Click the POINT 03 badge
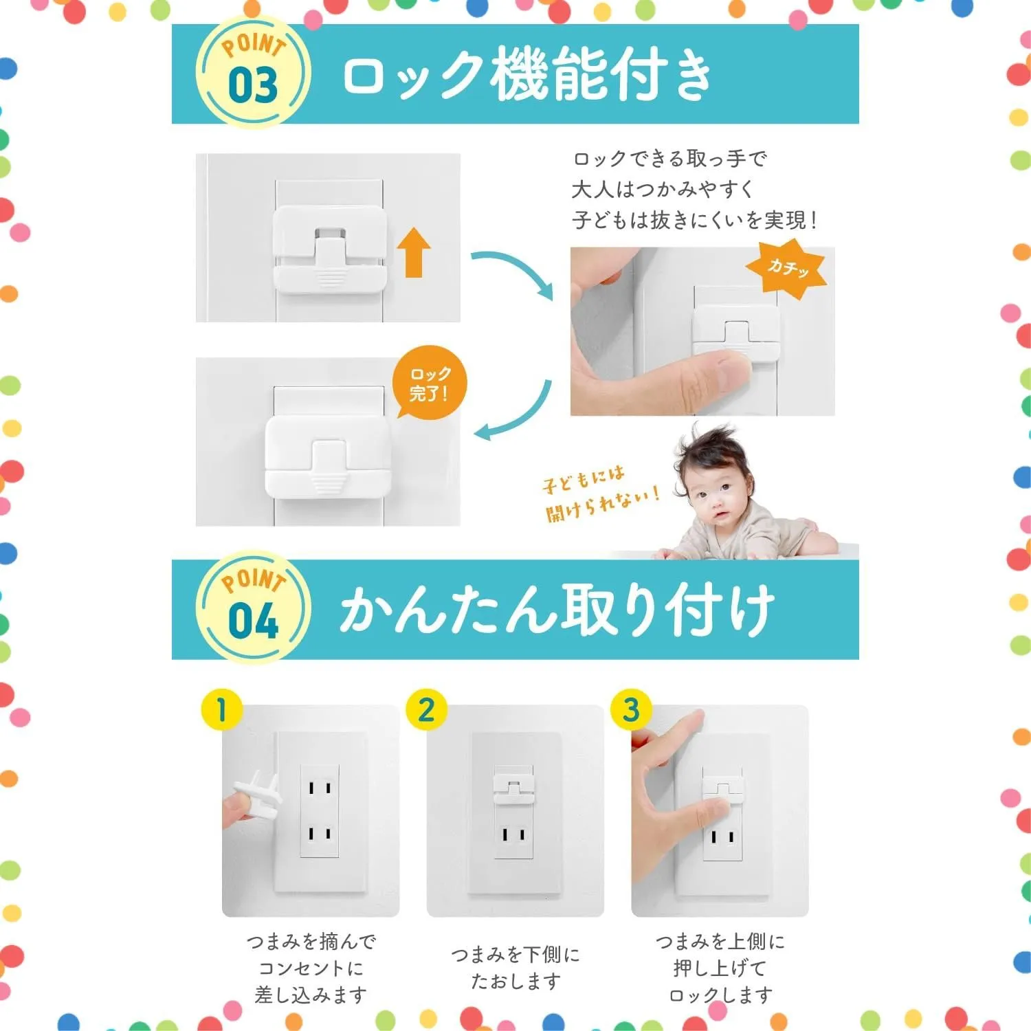253,71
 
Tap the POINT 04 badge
253,608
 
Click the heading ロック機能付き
527,74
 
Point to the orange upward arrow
413,252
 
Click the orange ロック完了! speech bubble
429,384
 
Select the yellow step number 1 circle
221,710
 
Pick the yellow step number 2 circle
426,710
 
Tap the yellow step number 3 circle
631,710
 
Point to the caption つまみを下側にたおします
515,968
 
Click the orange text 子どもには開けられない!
599,494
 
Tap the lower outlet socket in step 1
320,834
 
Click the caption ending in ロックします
720,968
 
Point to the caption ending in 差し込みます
311,968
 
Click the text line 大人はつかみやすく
663,189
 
